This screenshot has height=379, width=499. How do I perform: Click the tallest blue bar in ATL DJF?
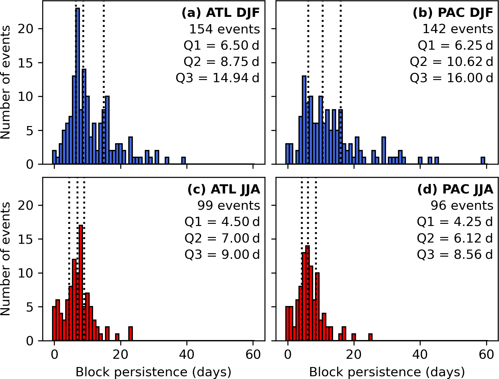[78, 86]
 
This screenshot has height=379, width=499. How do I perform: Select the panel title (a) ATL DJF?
[220, 13]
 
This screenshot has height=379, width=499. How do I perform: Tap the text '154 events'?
[224, 29]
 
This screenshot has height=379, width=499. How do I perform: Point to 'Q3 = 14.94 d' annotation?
[217, 78]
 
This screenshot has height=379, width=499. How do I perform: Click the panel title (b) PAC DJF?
[453, 13]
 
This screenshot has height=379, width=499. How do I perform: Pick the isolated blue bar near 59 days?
[483, 161]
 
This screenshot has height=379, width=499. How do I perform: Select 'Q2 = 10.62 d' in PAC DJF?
[452, 62]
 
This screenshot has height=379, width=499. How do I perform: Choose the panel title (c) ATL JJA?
[223, 189]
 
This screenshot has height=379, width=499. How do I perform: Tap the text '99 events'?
[229, 205]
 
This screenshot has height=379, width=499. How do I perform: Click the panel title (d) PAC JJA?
[455, 189]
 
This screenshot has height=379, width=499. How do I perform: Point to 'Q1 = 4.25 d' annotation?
[455, 222]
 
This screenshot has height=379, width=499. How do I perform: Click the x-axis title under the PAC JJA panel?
[387, 372]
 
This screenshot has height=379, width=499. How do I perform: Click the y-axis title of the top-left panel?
[6, 82]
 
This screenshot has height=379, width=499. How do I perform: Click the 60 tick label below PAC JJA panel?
[486, 354]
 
